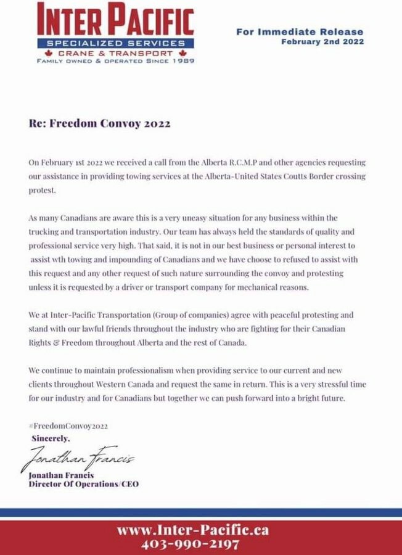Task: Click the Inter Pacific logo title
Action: pos(115,20)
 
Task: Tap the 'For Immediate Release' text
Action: pos(300,31)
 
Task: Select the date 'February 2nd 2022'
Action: pos(322,42)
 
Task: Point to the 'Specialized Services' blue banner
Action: pos(116,43)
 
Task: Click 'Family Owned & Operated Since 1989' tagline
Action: pos(115,62)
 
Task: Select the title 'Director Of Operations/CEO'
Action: pos(84,484)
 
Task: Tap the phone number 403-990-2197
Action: pos(189,544)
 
